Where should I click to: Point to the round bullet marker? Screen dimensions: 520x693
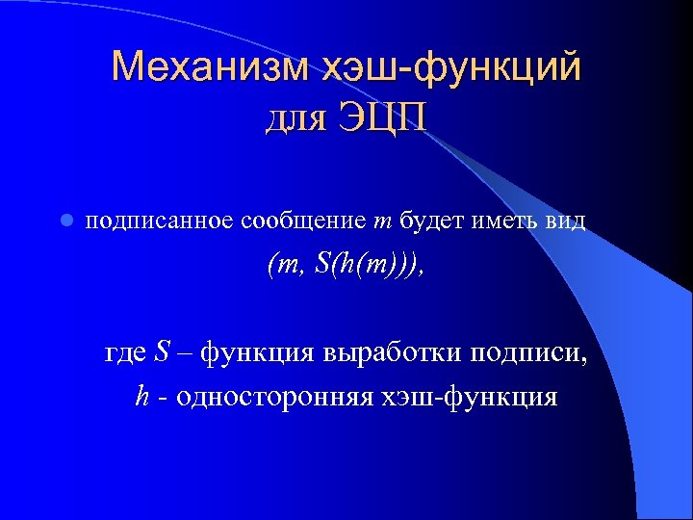[x=64, y=221]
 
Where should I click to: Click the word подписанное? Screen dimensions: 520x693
[x=159, y=221]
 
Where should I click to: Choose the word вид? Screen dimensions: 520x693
[x=563, y=221]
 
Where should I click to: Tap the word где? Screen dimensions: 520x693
[x=126, y=352]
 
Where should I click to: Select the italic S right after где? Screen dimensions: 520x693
[x=162, y=352]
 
